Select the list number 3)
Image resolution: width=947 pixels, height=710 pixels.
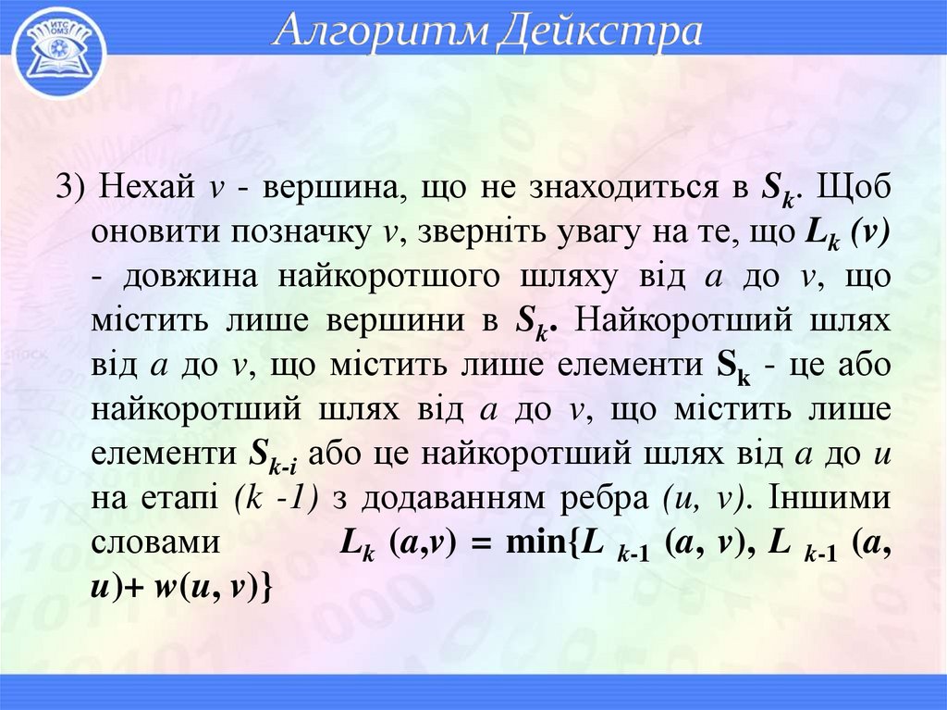pos(73,188)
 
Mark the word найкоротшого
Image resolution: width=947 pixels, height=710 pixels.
pos(408,277)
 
